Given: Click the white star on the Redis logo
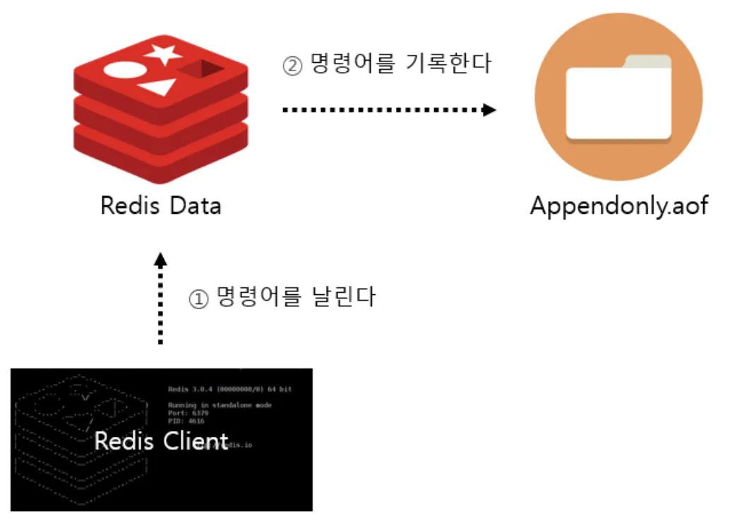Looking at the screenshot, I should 163,53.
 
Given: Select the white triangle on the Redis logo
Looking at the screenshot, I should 158,88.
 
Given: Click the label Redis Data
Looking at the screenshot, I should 160,206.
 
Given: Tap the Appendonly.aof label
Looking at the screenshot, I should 618,206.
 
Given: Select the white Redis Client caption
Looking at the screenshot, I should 162,441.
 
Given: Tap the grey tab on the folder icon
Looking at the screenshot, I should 645,61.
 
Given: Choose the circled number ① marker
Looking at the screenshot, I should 198,299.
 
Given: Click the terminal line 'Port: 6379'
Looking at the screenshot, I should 186,413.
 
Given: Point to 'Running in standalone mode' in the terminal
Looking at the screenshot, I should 220,405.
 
